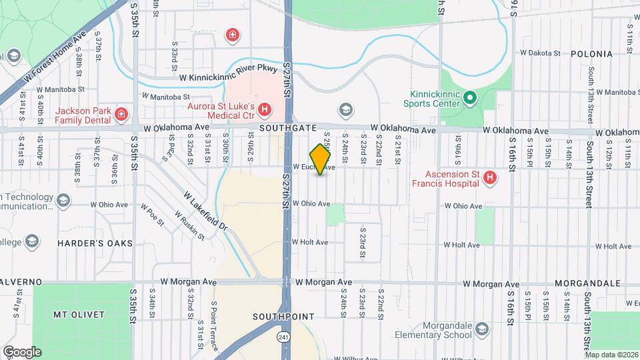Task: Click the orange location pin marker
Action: click(321, 159)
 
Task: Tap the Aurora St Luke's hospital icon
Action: click(265, 109)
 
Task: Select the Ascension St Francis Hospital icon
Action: click(489, 177)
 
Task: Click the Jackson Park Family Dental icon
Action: click(121, 114)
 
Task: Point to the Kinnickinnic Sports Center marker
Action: click(469, 99)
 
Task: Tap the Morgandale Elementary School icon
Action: click(482, 328)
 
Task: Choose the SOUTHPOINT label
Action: click(279, 315)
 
